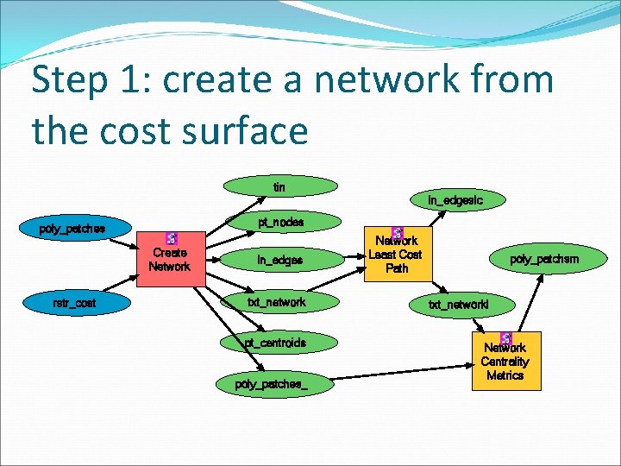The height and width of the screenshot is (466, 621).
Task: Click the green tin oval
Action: tap(279, 186)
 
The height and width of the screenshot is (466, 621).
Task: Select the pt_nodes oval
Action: tap(281, 223)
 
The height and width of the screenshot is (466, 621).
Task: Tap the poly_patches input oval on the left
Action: tap(73, 230)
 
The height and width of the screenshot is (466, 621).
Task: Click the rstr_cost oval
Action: tap(74, 303)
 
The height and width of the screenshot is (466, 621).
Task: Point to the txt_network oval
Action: tap(277, 302)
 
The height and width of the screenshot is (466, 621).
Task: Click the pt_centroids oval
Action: tap(275, 343)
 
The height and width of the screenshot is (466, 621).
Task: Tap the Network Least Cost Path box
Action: tap(397, 254)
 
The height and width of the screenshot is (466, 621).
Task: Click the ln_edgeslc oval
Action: tap(455, 200)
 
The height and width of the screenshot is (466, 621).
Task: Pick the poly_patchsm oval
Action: tap(544, 259)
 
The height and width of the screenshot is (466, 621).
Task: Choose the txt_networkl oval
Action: tap(459, 304)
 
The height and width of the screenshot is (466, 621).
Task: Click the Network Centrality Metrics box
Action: tap(505, 362)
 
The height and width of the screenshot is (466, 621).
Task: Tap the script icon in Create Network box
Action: tap(171, 239)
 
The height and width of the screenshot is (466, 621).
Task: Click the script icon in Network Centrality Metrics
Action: tap(505, 338)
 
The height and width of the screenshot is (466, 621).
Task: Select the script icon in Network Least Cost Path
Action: tap(398, 233)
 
